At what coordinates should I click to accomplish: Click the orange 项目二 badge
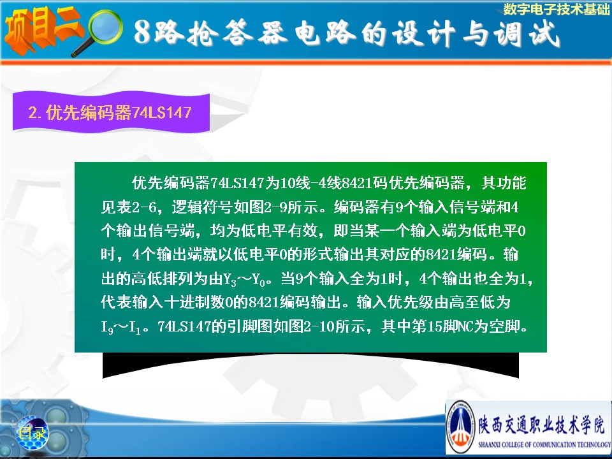click(x=43, y=29)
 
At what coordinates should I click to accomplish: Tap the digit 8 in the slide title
click(x=142, y=33)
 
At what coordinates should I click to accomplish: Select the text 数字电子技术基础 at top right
click(x=557, y=9)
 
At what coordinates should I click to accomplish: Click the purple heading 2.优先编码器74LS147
click(x=110, y=113)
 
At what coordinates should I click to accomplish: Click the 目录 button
click(x=32, y=433)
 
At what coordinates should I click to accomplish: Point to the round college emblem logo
click(x=460, y=427)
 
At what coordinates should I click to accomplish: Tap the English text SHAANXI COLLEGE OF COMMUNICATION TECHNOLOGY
click(x=544, y=444)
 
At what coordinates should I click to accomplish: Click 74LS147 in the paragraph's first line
click(x=237, y=183)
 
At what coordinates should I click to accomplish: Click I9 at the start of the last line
click(x=107, y=327)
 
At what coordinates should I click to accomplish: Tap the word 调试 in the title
click(x=527, y=33)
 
